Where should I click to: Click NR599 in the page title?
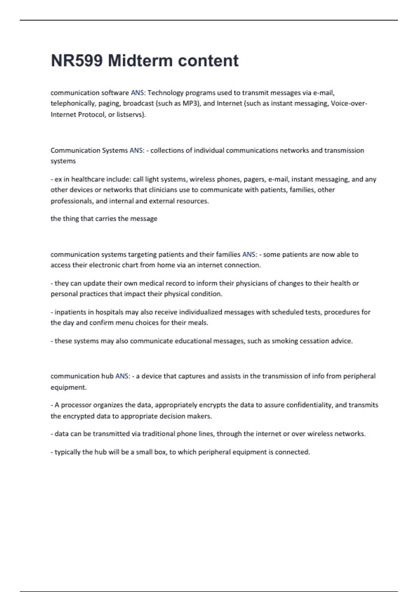point(77,61)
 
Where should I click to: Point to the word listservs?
point(131,115)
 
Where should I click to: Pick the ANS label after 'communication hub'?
point(122,376)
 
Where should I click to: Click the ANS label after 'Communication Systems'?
point(136,150)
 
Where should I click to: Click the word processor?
point(76,405)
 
